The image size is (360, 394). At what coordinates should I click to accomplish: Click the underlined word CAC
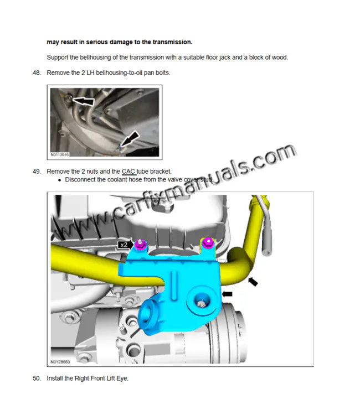128,172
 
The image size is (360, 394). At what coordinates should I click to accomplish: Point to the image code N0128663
61,362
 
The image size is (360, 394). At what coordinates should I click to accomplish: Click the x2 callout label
124,244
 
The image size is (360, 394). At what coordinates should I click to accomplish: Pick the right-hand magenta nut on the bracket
208,241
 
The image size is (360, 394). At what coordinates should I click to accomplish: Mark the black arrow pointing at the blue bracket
227,294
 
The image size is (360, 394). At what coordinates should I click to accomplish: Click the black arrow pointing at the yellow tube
253,282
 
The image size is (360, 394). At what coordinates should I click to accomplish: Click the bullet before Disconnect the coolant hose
59,180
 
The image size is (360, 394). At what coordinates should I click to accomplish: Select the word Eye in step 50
121,379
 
